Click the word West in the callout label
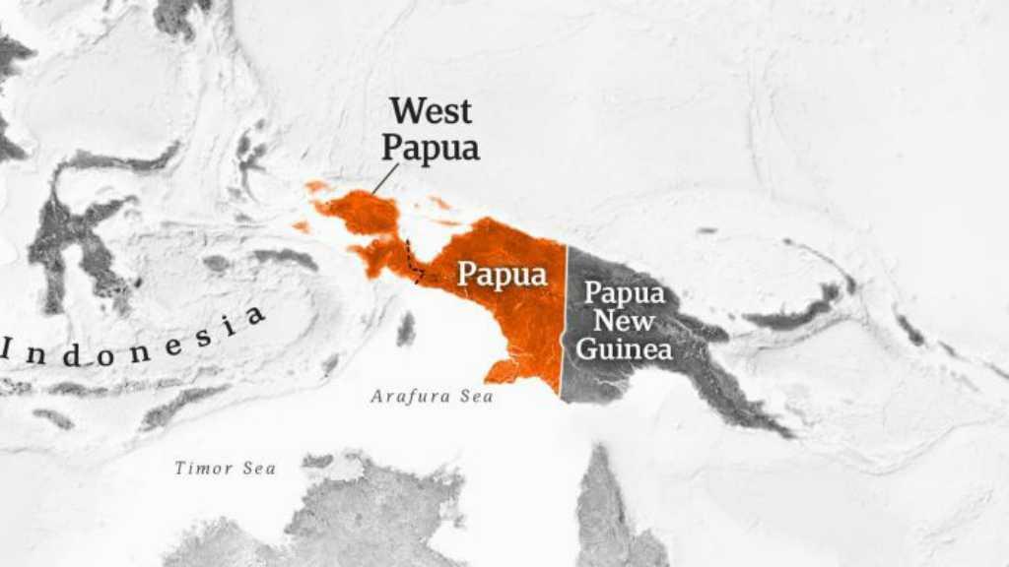tap(431, 111)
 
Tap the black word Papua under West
tap(431, 148)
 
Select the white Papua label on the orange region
tap(502, 275)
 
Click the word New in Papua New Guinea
tap(624, 321)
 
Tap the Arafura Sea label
tap(432, 397)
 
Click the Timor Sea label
tap(225, 469)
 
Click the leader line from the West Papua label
tap(385, 178)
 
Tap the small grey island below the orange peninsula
tap(406, 329)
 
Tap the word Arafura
tap(413, 397)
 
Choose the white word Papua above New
tap(624, 293)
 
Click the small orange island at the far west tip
tap(301, 227)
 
